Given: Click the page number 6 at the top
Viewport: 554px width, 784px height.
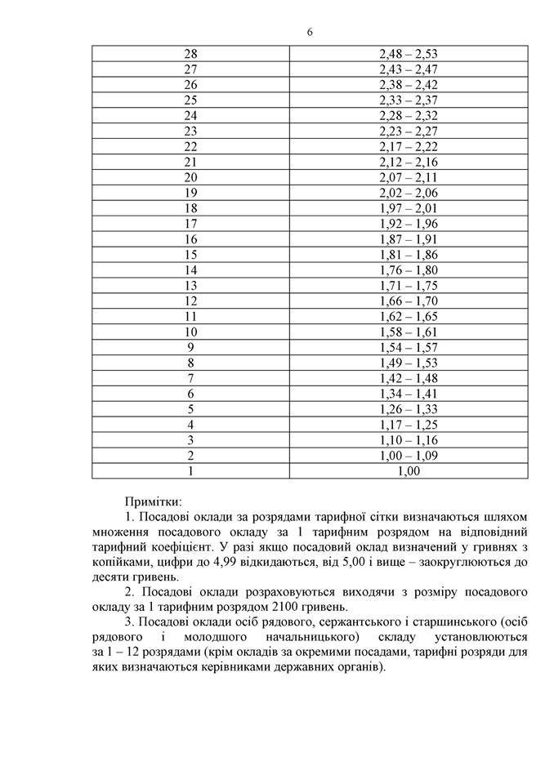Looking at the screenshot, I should coord(310,32).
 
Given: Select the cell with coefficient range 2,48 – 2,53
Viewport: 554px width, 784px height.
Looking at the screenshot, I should coord(409,54).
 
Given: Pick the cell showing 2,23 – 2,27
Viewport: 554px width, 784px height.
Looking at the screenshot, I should coord(409,131).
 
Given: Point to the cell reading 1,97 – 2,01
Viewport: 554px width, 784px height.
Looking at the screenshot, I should coord(409,207).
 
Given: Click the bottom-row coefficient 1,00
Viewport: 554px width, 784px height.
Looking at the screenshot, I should coord(409,470).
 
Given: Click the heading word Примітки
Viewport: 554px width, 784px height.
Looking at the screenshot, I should coord(153,500).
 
